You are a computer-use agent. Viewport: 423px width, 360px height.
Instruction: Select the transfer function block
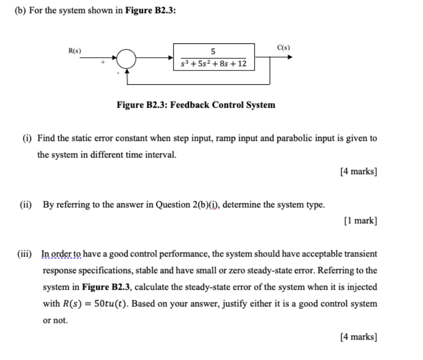214,57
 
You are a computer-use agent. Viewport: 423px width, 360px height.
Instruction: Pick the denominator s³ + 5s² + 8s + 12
214,64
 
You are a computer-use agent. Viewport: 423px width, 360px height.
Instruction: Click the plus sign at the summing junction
105,63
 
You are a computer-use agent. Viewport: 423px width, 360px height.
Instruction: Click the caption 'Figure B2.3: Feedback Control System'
196,105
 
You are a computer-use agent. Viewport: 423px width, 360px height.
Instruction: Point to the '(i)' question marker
25,138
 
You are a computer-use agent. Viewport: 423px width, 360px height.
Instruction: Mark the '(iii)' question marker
28,254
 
